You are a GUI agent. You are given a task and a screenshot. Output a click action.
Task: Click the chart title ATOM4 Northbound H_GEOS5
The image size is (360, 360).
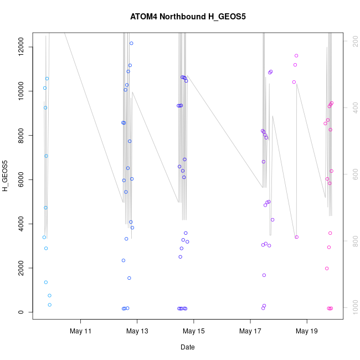(188, 17)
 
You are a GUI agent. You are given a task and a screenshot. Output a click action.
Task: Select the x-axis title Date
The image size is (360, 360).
(188, 347)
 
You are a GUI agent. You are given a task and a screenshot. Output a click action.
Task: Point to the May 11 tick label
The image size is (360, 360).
(81, 332)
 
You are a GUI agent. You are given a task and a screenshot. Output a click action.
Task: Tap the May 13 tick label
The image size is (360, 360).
(137, 332)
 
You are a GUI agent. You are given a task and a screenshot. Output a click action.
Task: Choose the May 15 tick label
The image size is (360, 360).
(194, 332)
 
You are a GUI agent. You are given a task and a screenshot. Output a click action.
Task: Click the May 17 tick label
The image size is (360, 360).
(250, 332)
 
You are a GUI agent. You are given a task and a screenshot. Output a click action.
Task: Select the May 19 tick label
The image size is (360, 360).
(307, 332)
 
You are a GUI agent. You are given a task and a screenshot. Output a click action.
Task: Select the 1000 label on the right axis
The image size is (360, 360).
(352, 307)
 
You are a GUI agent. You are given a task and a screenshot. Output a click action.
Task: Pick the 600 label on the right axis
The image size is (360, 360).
(352, 174)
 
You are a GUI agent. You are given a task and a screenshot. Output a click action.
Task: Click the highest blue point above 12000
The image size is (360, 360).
(131, 43)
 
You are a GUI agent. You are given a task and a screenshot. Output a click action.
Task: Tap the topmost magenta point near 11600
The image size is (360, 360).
(296, 55)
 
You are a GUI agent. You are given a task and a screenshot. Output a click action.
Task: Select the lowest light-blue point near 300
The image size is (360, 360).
(49, 305)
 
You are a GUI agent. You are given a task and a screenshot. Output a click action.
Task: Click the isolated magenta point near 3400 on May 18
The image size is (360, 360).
(297, 237)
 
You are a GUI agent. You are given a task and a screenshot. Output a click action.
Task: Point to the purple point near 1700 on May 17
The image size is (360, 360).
(264, 275)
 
